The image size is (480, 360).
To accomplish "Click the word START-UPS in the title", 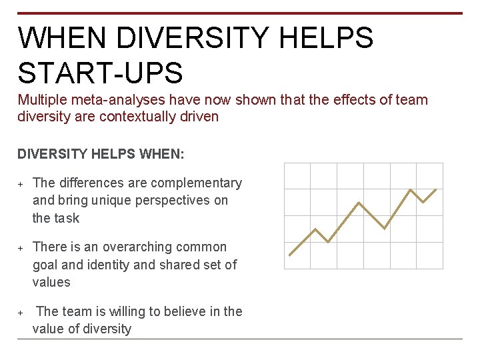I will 101,73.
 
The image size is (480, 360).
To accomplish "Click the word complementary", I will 196,183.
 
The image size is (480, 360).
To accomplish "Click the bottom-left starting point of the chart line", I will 290,255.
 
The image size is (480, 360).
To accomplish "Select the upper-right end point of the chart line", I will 436,189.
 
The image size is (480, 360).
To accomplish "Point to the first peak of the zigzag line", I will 315,229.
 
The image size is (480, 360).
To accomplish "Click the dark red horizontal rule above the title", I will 240,13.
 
